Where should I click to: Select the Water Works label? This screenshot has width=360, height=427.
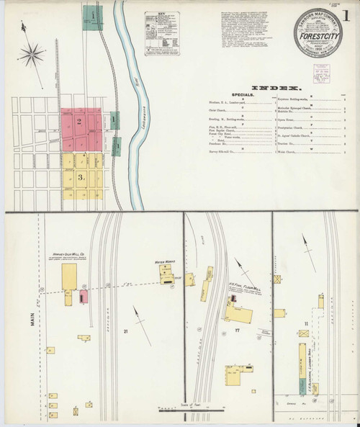[x=167, y=262]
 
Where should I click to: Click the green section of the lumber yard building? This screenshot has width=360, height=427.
[x=299, y=349]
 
